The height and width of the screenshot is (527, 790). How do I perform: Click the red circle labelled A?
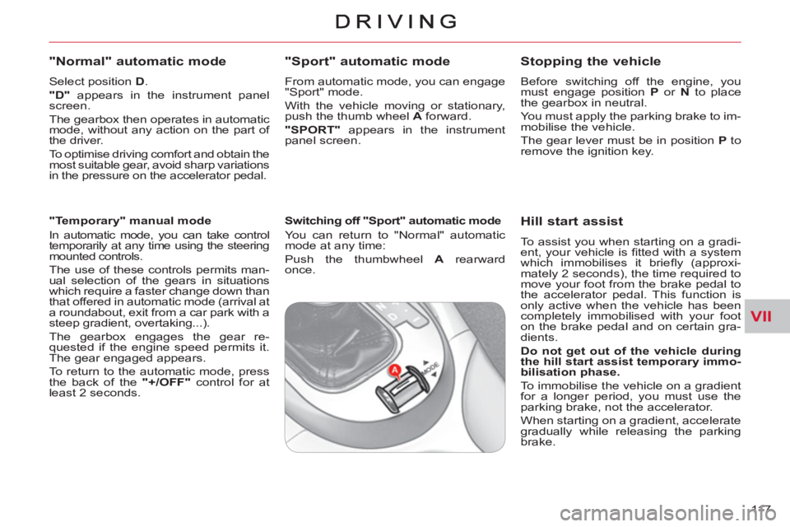pyautogui.click(x=395, y=371)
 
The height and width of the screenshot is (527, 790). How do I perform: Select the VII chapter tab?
pyautogui.click(x=764, y=316)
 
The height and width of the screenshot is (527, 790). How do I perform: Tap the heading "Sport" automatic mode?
pyautogui.click(x=366, y=61)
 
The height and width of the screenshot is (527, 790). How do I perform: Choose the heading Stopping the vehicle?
pyautogui.click(x=591, y=61)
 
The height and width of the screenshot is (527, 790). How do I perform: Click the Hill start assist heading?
pyautogui.click(x=573, y=221)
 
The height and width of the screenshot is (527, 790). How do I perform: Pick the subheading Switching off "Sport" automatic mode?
pyautogui.click(x=392, y=221)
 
